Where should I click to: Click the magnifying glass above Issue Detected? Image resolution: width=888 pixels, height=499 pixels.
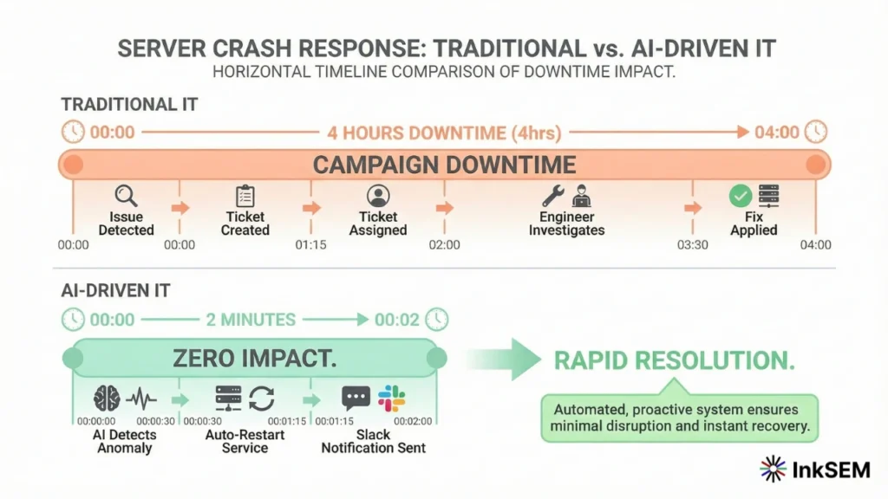point(127,196)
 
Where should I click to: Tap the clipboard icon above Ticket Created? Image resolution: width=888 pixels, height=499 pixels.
point(245,196)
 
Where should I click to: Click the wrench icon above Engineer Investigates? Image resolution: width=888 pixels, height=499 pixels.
point(552,195)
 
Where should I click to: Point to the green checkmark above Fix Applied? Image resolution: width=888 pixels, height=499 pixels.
point(740,196)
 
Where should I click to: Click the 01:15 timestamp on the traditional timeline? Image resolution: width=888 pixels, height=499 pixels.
point(310,245)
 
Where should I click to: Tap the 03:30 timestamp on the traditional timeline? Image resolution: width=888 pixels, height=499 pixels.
point(692,245)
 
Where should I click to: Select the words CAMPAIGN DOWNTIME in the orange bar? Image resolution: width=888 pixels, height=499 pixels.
point(444,165)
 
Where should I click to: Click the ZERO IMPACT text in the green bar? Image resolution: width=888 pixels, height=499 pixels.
point(254,358)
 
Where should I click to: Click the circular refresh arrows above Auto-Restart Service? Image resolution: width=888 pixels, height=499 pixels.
point(261,399)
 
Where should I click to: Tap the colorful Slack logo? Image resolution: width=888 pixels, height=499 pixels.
point(392,399)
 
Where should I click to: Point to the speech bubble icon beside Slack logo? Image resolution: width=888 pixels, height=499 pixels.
point(356,399)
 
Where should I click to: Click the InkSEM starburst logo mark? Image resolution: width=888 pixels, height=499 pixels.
point(773,469)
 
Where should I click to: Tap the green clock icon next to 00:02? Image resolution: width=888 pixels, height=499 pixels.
point(437,320)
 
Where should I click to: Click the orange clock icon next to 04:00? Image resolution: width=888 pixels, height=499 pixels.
point(815,132)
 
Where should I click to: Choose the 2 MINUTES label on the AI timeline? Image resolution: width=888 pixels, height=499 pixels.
point(251,320)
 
